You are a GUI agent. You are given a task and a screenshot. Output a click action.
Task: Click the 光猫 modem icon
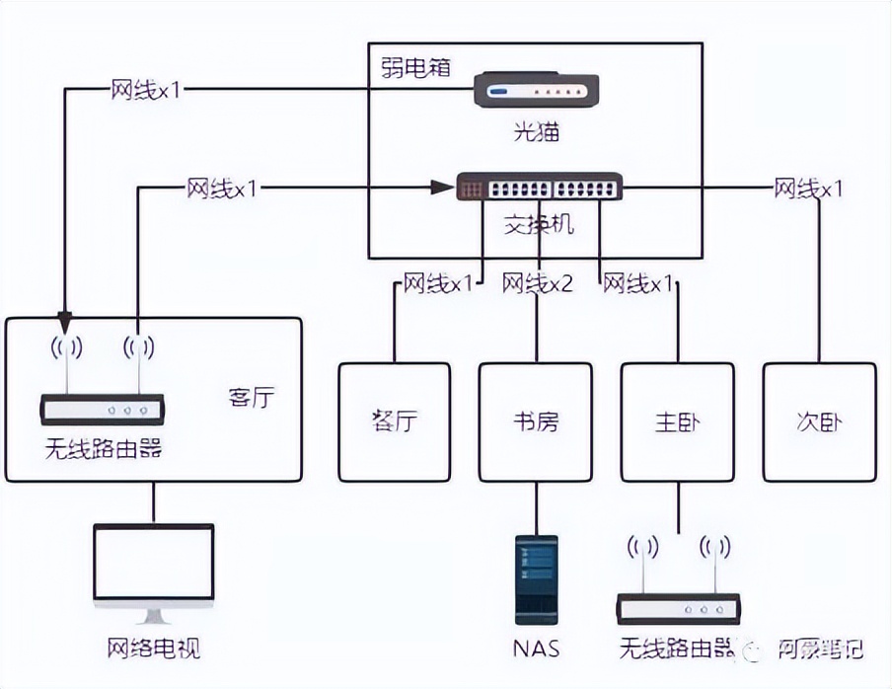(534, 90)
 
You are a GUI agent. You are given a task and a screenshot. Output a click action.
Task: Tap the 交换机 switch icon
(539, 187)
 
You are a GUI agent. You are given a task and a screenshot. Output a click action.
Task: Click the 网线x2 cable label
(537, 284)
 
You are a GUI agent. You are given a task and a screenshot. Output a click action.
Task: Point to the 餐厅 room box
(394, 421)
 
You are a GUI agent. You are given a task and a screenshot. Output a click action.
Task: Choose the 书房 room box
(536, 421)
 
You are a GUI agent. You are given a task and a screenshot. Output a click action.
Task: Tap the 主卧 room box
(678, 421)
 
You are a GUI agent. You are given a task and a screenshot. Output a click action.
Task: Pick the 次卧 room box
(819, 421)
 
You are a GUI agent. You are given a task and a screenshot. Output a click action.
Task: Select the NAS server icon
(537, 579)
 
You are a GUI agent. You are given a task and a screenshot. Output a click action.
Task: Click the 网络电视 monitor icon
(153, 573)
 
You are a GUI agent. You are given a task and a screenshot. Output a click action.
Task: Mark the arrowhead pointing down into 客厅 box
(64, 323)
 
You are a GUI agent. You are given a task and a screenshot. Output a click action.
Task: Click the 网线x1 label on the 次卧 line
(808, 188)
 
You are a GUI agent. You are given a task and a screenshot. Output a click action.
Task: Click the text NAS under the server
(536, 649)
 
